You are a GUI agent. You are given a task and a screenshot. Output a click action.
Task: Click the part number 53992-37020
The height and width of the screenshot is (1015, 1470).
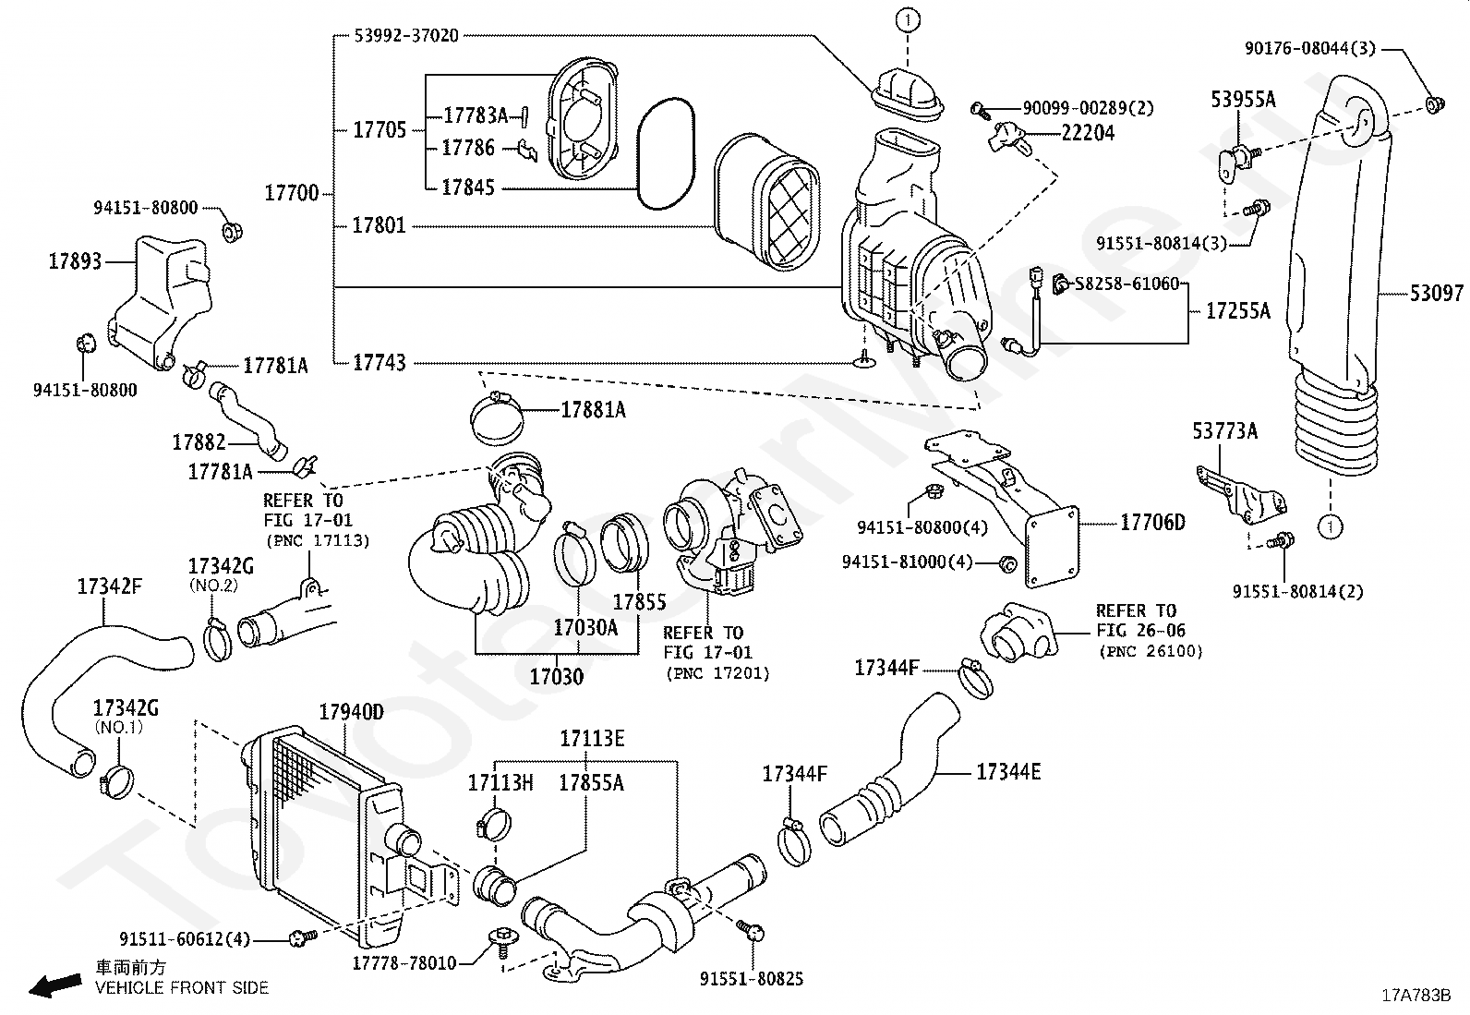click(x=406, y=35)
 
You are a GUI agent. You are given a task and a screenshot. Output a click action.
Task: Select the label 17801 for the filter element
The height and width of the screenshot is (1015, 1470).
click(x=380, y=226)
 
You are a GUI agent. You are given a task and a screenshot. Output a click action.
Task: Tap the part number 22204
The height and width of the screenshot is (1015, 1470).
click(x=1088, y=133)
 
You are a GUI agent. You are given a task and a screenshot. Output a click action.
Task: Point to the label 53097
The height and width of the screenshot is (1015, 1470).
click(x=1437, y=293)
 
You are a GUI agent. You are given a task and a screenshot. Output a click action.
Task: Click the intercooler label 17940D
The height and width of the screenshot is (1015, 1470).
click(x=351, y=712)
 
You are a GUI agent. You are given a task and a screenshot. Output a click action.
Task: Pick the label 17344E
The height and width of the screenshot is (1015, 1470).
click(x=1008, y=772)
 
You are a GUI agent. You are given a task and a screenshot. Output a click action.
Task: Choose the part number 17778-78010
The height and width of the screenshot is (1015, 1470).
click(x=404, y=963)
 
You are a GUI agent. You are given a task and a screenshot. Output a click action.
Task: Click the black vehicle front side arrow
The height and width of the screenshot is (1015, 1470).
click(x=55, y=985)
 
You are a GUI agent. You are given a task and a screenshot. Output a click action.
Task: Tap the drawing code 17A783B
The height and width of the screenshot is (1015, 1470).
click(x=1416, y=996)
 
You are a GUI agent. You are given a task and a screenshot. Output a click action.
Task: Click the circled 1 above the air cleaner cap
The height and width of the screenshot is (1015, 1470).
click(x=908, y=20)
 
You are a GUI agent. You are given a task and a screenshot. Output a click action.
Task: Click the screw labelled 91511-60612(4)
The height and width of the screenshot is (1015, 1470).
click(x=303, y=936)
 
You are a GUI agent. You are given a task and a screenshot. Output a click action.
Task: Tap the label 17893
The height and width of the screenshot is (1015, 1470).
click(x=75, y=261)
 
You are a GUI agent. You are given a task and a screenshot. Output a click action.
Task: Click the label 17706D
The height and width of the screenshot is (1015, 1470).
click(x=1153, y=523)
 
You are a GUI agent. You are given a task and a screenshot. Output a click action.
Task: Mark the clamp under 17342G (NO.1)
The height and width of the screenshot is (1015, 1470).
click(x=117, y=781)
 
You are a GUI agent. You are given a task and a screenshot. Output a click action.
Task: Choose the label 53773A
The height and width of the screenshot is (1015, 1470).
click(x=1224, y=431)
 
